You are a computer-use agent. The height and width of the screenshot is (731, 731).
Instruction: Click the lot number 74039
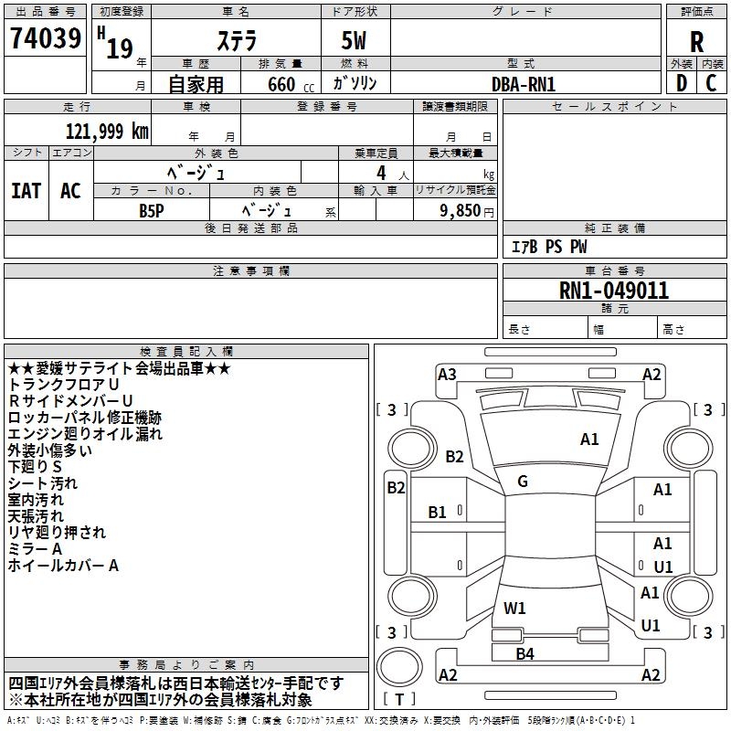pos(46,38)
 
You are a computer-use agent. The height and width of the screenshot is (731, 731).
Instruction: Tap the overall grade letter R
pos(696,42)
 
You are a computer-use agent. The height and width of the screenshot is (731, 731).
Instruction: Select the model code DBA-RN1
pos(524,84)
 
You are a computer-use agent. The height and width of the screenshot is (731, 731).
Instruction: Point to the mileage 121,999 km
pos(107,132)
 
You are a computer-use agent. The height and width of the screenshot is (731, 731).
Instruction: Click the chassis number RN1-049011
pos(614,291)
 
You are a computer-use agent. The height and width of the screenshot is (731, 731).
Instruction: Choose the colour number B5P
pos(152,211)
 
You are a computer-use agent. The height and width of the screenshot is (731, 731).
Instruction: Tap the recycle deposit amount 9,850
pos(460,210)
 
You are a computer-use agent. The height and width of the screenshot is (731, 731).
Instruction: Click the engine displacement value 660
pos(281,84)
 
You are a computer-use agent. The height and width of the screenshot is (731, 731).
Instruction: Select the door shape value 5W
pos(354,40)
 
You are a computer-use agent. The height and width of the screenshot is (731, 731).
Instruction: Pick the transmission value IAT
pos(26,191)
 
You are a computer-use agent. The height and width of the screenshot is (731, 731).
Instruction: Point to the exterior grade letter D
pos(682,83)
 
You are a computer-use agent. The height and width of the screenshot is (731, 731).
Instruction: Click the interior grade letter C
pos(711,83)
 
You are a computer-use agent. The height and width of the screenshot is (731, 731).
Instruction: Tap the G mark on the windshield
pos(523,482)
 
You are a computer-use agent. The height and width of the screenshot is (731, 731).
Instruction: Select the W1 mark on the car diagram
pos(514,608)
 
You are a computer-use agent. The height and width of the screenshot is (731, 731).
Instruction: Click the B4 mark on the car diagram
pos(524,653)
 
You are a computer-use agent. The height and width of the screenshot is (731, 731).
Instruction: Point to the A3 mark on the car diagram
pos(447,375)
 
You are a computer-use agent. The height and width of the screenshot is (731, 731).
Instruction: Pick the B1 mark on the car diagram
pos(437,513)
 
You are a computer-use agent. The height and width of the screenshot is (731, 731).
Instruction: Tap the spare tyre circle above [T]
pos(399,667)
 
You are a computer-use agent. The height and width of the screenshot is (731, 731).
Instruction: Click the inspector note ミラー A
pos(35,549)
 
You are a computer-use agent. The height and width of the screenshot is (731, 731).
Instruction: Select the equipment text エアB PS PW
pos(549,246)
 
